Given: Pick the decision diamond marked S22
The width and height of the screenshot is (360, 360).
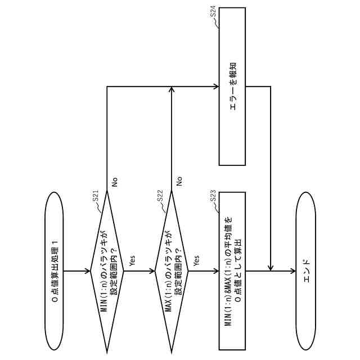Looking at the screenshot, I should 171,271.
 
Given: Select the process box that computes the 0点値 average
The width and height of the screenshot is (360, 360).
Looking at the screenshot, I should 232,271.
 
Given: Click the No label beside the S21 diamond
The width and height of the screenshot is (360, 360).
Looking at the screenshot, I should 114,182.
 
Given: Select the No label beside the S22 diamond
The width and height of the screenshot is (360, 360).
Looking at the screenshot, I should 179,182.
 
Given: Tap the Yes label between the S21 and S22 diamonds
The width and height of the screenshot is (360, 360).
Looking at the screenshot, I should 132,260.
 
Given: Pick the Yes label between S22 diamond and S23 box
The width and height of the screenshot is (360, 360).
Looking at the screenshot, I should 196,260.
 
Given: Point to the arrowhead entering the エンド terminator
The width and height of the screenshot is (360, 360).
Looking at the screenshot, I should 292,271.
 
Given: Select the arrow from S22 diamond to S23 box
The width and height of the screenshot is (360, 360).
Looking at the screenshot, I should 204,271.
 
